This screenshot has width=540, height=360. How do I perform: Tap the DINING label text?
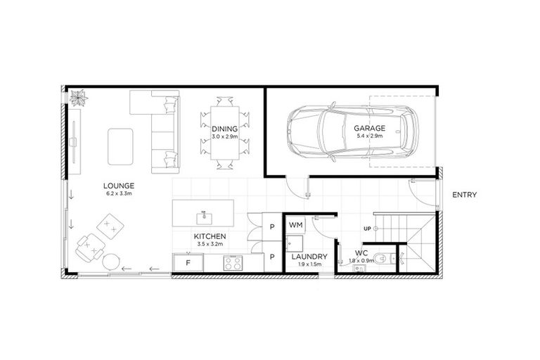(225, 129)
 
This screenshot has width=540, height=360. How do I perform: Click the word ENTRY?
(465, 195)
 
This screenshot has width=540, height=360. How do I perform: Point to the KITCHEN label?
(210, 237)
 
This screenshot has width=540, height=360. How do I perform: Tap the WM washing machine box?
(295, 225)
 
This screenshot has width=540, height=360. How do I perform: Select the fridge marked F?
(188, 263)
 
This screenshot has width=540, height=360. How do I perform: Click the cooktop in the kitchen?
(233, 263)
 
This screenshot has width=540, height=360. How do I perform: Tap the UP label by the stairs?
(367, 229)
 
